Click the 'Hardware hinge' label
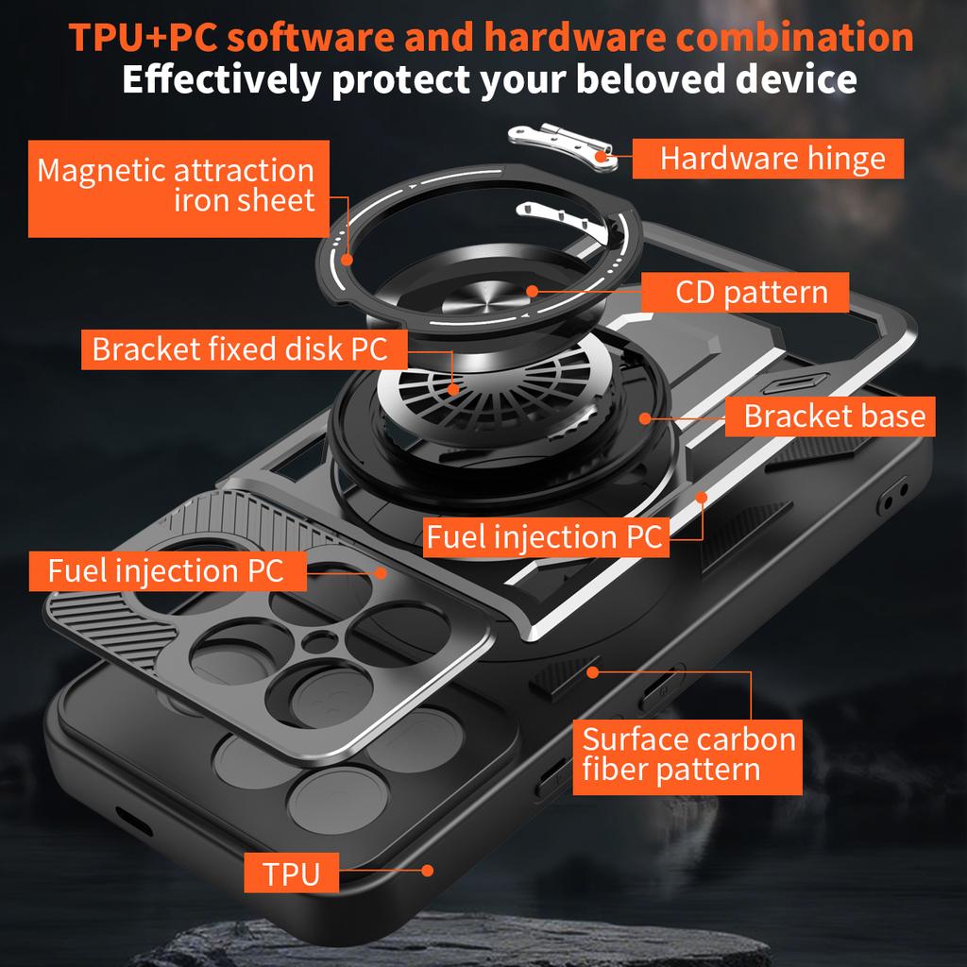[768, 159]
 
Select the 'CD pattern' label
[745, 293]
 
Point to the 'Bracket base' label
[830, 416]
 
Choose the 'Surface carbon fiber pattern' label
[687, 753]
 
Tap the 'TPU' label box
[292, 874]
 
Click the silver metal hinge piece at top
[565, 147]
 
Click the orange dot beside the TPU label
[428, 871]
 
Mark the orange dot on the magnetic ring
[348, 258]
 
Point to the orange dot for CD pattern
[532, 292]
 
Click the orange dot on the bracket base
[646, 416]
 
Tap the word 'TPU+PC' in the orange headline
[144, 38]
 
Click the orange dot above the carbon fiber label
[593, 672]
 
